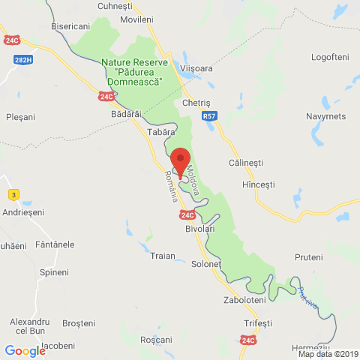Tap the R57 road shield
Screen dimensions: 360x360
point(210,117)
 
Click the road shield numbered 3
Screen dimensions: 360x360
point(13,195)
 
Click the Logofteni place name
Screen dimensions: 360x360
point(331,56)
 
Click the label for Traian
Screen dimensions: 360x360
point(163,256)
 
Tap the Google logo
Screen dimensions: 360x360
point(25,350)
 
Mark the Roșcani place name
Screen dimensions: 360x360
point(157,340)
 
